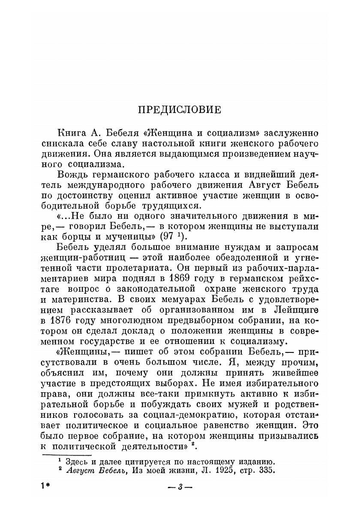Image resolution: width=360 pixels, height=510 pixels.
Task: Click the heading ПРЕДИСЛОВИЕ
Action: point(180,110)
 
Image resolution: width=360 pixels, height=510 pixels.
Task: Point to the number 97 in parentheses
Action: point(166,236)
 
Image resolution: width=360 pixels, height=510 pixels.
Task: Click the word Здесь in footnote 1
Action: point(76,462)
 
